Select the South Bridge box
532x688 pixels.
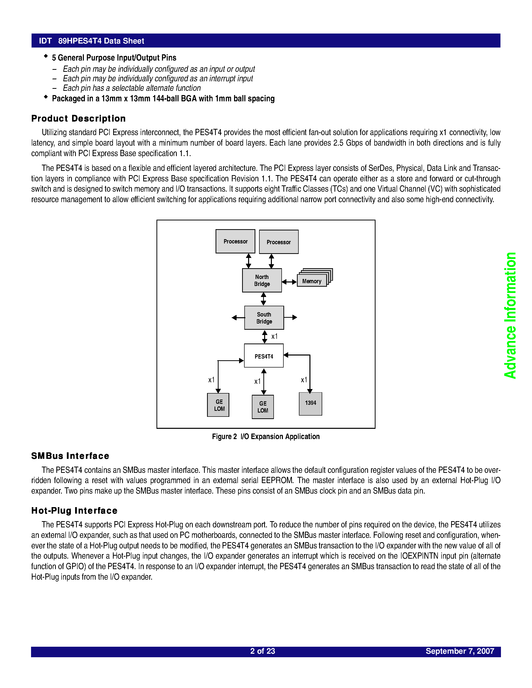(x=264, y=317)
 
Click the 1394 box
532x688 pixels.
(x=310, y=404)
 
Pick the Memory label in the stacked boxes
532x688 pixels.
(x=311, y=281)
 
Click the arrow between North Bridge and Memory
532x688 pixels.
(x=289, y=282)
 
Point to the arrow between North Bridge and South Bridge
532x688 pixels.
(x=263, y=299)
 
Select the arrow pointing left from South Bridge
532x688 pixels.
(x=238, y=317)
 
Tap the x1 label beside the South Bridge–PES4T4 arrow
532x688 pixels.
(x=274, y=336)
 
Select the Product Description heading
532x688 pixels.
(x=78, y=118)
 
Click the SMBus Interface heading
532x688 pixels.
(x=70, y=456)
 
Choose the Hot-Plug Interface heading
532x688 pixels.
(x=74, y=510)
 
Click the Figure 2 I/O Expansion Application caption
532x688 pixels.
(x=266, y=436)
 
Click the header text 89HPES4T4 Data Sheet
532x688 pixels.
(x=101, y=41)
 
